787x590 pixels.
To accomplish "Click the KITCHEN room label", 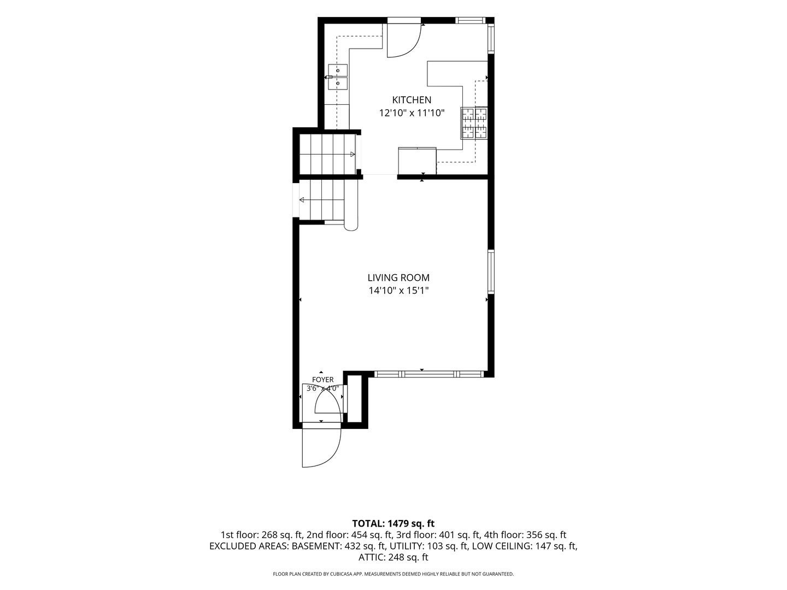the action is tap(411, 100).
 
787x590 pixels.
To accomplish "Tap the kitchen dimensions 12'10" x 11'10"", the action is tap(412, 113).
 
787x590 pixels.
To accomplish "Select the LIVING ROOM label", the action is tap(398, 278).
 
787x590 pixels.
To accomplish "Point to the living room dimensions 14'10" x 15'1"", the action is tap(398, 291).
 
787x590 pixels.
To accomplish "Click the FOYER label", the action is tap(322, 380).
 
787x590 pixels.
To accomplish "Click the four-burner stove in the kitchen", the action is tap(474, 123).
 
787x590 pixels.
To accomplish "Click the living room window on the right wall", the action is tap(491, 272).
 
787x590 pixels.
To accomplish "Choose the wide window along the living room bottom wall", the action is tap(430, 374).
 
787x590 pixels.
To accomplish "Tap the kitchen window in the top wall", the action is tap(470, 20).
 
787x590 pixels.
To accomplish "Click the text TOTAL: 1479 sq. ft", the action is tap(393, 523).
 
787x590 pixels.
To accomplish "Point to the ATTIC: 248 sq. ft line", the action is tap(393, 557).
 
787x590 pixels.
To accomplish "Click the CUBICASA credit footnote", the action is tap(393, 574).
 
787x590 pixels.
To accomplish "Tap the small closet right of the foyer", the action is tap(355, 399).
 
